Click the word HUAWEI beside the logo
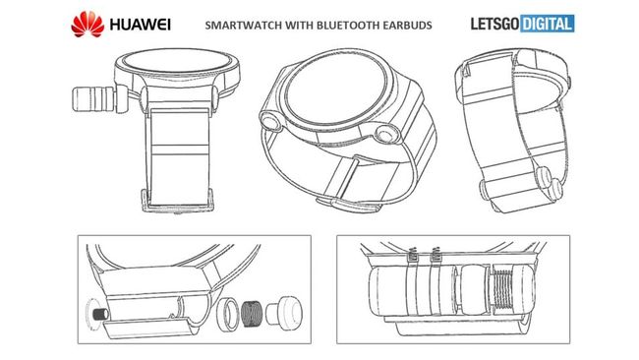140,25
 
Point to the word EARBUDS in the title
407,26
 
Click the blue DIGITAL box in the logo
548,24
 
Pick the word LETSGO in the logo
495,24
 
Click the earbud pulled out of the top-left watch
94,98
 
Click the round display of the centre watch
334,90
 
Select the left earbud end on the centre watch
270,121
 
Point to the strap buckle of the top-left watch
178,201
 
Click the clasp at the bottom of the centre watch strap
350,204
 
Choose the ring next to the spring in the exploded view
229,314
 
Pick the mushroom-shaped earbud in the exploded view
284,312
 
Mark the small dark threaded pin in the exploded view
101,314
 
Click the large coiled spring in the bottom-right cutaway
505,288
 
